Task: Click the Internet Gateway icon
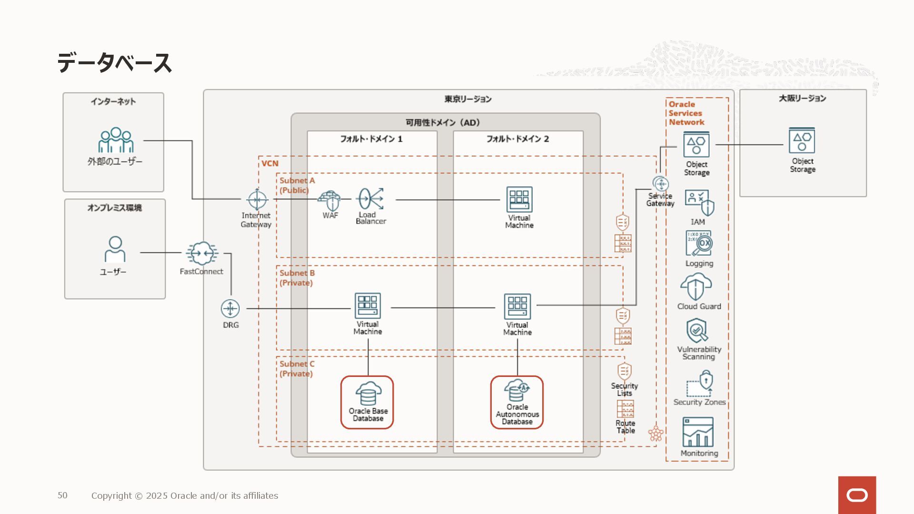pos(257,199)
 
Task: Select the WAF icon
pos(330,200)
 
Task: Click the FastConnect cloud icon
pos(202,253)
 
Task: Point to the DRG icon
pos(230,308)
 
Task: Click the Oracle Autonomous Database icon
pos(517,390)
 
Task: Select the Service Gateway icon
pos(661,184)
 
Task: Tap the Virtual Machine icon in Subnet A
pos(519,199)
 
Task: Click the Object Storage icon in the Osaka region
pos(802,141)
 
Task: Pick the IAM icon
pos(699,203)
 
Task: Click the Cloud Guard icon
pos(696,287)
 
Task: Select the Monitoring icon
pos(698,432)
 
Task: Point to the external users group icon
pos(116,140)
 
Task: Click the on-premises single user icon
pos(115,249)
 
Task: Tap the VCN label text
pos(270,163)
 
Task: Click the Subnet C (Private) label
pos(297,369)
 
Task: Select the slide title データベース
pos(114,63)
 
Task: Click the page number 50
pos(62,495)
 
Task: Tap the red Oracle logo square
pos(857,495)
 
